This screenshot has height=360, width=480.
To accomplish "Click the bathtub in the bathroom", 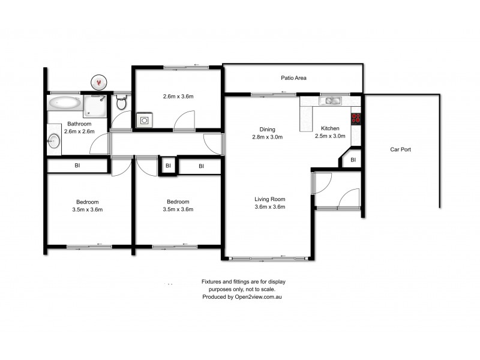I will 64,103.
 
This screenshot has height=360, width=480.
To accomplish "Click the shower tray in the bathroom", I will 95,105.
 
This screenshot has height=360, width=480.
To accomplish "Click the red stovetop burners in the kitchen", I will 356,118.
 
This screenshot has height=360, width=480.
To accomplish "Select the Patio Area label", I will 295,78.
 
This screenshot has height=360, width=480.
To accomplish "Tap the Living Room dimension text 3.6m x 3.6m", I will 269,208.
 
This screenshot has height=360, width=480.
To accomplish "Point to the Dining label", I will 267,129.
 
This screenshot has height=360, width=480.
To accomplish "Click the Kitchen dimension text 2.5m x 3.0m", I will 331,137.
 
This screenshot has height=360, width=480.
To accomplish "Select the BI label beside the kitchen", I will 353,160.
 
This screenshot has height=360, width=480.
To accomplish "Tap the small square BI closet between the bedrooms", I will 168,166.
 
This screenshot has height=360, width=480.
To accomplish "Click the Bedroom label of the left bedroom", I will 88,202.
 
